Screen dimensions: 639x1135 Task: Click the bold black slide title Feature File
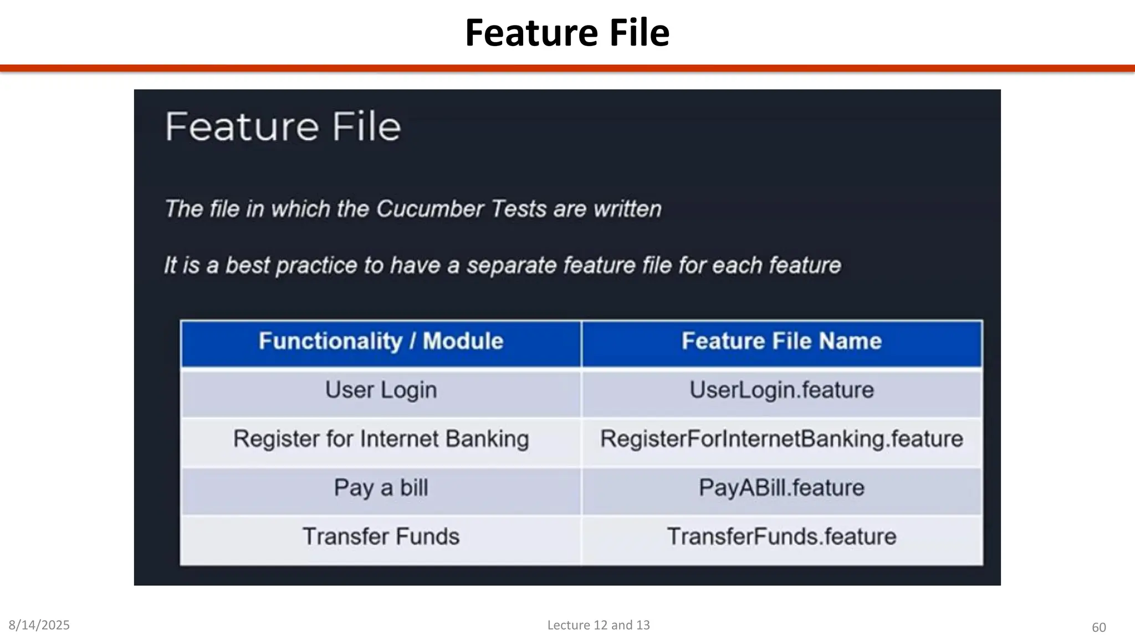point(567,33)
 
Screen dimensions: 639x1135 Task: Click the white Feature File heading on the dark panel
point(283,127)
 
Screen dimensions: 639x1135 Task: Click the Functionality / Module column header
point(381,341)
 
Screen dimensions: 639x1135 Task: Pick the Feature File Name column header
point(781,341)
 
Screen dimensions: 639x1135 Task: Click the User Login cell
point(381,390)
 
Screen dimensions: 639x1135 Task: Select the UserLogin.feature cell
point(781,390)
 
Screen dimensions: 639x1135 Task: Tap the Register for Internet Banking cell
point(381,439)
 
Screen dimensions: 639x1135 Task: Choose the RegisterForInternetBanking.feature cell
point(781,439)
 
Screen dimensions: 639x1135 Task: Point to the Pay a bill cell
point(381,488)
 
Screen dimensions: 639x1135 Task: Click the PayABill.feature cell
point(781,488)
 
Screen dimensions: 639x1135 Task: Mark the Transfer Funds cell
point(381,537)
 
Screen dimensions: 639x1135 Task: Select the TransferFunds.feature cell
point(781,537)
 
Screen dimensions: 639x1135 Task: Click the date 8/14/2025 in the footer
point(39,625)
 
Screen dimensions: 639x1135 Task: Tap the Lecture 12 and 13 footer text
point(599,625)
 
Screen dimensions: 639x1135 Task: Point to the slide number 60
point(1098,627)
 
